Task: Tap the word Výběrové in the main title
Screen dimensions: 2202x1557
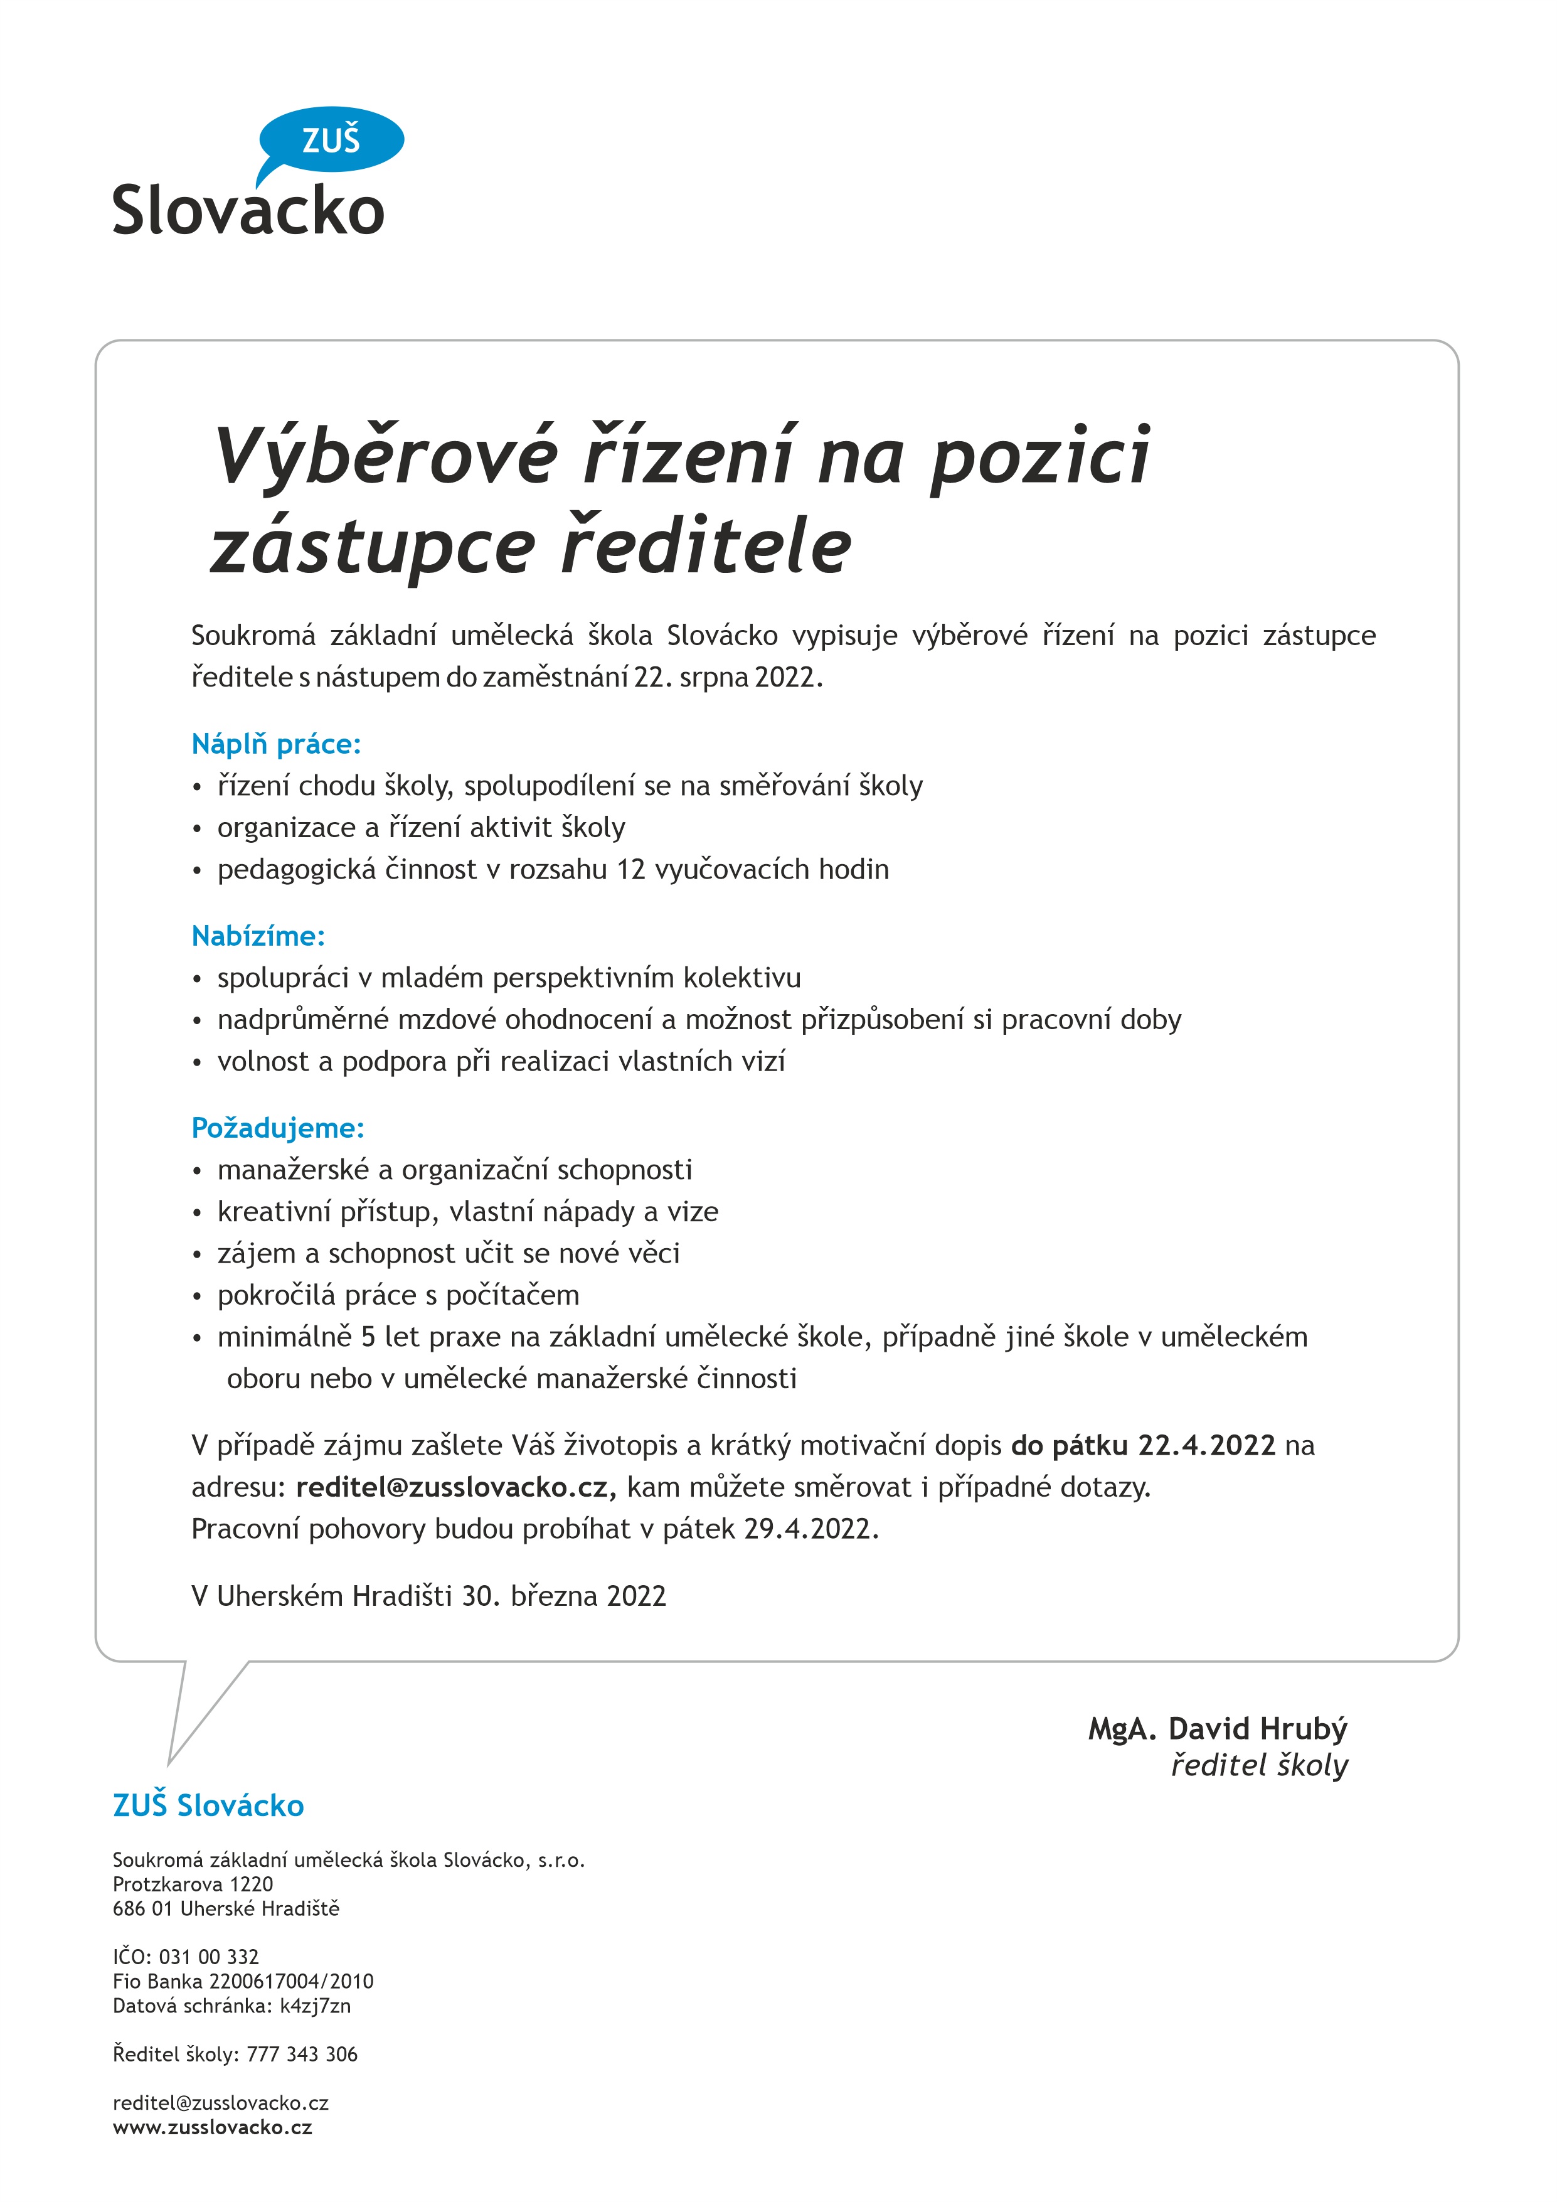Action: point(385,456)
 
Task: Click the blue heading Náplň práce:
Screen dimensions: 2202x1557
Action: point(276,744)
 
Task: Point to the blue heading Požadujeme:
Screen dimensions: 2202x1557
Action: point(278,1128)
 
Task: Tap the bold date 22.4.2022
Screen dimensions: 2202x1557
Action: point(1206,1445)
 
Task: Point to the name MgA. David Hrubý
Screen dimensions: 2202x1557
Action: point(1218,1729)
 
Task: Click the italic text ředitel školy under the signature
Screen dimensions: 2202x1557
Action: point(1259,1766)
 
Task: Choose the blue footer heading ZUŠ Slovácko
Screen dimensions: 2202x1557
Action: point(208,1806)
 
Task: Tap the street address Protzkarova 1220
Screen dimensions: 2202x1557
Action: point(193,1884)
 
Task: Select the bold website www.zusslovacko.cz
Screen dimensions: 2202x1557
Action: point(213,2127)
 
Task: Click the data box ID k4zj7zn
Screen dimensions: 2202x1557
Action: point(316,2006)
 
